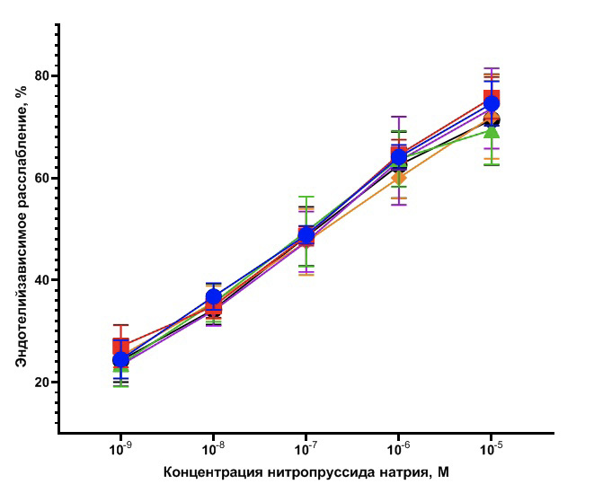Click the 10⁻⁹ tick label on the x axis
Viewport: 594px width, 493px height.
[120, 446]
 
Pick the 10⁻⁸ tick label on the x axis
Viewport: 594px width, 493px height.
[213, 446]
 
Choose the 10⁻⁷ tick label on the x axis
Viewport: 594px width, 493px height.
[306, 446]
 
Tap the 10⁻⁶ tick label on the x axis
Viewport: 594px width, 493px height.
[398, 446]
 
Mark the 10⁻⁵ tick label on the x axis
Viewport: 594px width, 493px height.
[491, 446]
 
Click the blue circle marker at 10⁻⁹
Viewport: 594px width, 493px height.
[120, 360]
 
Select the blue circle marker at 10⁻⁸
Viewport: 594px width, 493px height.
[213, 296]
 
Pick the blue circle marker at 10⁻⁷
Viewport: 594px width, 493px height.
[306, 235]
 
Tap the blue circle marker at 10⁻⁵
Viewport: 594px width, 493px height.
[491, 103]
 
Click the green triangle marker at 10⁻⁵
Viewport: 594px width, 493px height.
[491, 132]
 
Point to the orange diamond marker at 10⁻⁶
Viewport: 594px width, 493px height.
[398, 178]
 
